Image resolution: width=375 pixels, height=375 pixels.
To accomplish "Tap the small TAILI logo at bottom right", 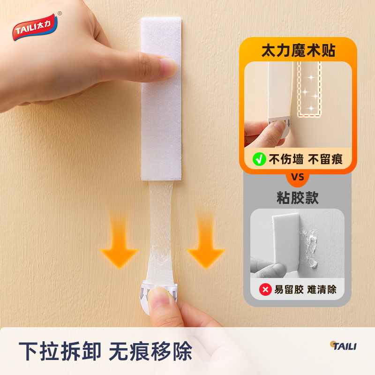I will pos(343,346).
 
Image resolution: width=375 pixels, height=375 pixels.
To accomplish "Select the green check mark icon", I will pos(258,159).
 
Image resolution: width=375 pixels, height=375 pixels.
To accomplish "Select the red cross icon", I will pos(265,289).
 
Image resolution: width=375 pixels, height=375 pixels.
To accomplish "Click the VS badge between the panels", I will pos(298,177).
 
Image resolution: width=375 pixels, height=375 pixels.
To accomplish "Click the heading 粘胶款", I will pos(298,198).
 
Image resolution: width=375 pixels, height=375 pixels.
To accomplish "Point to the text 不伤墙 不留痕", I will pos(305,159).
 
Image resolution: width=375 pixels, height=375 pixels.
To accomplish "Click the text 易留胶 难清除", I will pos(305,289).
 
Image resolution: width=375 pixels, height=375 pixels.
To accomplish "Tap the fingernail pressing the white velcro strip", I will pos(168,67).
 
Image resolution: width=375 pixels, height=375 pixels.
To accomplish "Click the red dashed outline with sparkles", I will pos(309,89).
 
